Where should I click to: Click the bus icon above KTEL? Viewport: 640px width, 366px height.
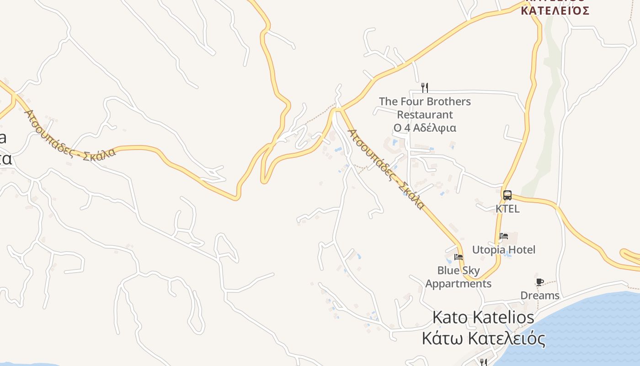point(507,195)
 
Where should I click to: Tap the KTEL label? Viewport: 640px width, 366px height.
point(507,209)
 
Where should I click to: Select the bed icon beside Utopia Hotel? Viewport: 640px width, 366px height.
point(504,236)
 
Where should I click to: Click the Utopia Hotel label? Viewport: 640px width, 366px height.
point(503,250)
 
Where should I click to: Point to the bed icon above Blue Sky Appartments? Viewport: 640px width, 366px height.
point(459,257)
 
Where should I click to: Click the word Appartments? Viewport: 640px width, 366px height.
point(458,284)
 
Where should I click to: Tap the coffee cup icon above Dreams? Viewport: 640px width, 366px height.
point(540,282)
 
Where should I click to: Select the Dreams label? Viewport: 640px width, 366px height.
point(540,296)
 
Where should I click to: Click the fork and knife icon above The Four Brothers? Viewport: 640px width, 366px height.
point(425,87)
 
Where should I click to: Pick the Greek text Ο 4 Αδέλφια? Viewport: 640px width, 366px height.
point(425,128)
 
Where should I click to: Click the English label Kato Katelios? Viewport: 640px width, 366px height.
point(483,317)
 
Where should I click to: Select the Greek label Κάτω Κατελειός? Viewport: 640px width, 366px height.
point(483,339)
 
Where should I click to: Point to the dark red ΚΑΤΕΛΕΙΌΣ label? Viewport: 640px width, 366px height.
point(555,11)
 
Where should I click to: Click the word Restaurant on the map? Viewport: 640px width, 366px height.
point(425,115)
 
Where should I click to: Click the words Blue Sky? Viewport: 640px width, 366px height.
point(459,270)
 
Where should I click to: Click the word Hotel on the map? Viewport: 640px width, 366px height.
point(521,250)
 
